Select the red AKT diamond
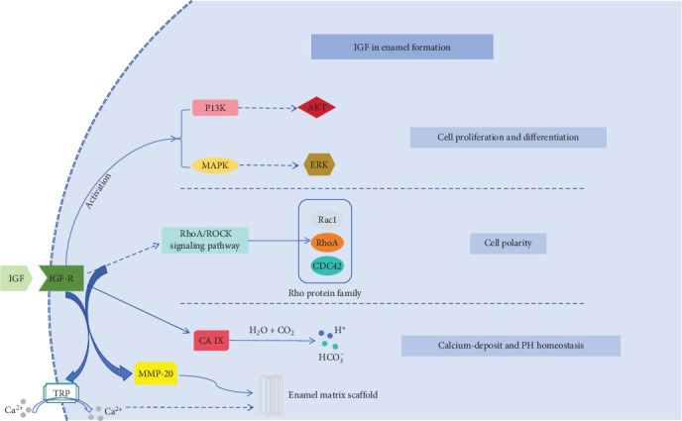[x=318, y=108]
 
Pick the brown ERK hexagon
[x=318, y=165]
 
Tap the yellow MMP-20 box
[x=154, y=374]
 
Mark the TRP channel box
[x=61, y=393]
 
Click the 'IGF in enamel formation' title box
[x=401, y=46]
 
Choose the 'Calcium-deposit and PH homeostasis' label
[x=511, y=346]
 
